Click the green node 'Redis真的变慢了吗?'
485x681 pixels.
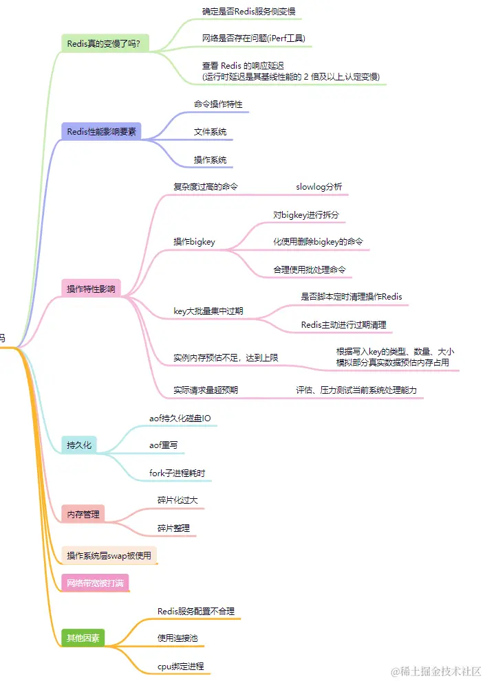pyautogui.click(x=104, y=43)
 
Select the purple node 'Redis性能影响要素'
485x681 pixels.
pyautogui.click(x=102, y=131)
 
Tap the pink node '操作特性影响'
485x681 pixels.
pyautogui.click(x=91, y=289)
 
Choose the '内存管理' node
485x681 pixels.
pyautogui.click(x=83, y=513)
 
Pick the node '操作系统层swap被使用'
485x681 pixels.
pyautogui.click(x=109, y=555)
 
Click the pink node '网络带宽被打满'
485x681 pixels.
pyautogui.click(x=95, y=583)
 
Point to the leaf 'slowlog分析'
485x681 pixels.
pyautogui.click(x=319, y=186)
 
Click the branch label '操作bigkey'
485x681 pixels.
pyautogui.click(x=194, y=241)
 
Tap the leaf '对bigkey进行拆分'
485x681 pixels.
pyautogui.click(x=305, y=215)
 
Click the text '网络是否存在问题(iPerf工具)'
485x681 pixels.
pyautogui.click(x=254, y=38)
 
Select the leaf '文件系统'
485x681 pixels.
pyautogui.click(x=211, y=131)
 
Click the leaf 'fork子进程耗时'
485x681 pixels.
pyautogui.click(x=177, y=473)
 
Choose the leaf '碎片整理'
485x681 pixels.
pyautogui.click(x=173, y=528)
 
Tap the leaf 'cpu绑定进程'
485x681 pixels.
pyautogui.click(x=180, y=666)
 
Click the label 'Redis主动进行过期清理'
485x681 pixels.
pyautogui.click(x=347, y=324)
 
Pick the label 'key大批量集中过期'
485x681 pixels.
pyautogui.click(x=208, y=311)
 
